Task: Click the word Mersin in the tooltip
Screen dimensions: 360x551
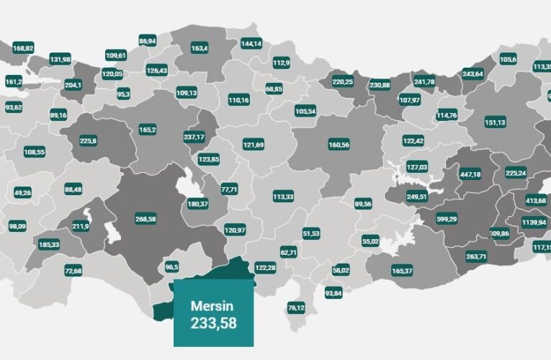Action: coord(208,306)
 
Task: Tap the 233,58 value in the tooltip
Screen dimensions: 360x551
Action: coord(213,323)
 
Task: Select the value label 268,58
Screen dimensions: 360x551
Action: coord(145,219)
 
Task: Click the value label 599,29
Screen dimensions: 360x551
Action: coord(447,219)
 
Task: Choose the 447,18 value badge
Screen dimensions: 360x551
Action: coord(470,174)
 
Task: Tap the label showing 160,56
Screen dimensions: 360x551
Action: coord(339,145)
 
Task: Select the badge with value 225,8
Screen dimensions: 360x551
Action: coord(89,140)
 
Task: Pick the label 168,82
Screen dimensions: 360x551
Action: coord(23,48)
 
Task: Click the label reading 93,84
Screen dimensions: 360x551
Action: coord(333,293)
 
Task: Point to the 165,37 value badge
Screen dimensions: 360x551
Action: coord(402,271)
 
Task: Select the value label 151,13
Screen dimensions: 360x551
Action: coord(495,122)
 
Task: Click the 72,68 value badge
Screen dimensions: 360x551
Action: coord(73,271)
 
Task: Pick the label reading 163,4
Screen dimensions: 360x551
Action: coord(200,48)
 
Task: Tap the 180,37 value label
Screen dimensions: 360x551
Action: coord(198,204)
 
